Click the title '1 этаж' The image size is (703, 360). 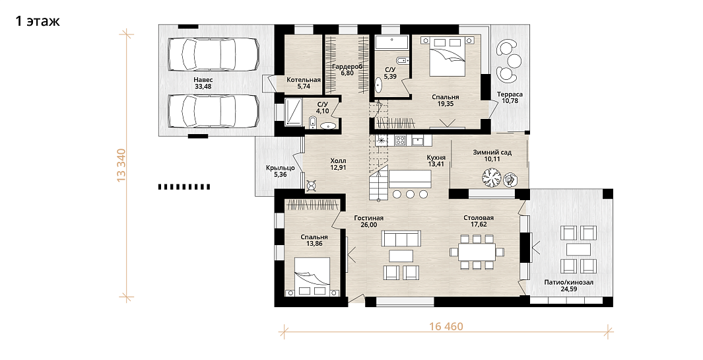pos(38,21)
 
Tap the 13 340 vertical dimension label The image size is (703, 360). pos(121,164)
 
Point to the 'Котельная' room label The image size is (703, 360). pos(304,80)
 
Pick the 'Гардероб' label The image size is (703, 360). pos(347,67)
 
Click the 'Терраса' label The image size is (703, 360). pos(510,94)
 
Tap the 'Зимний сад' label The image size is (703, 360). pos(492,152)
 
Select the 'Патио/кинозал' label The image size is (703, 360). pos(568,282)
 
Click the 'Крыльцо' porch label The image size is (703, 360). pos(281,168)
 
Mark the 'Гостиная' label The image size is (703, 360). pos(368,218)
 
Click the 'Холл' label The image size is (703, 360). pos(338,161)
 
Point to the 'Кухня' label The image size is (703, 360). pos(436,158)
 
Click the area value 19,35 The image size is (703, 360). pos(445,104)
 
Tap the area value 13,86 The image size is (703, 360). pos(314,244)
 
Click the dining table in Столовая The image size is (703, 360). pos(477,252)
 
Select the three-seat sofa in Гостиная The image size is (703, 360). pos(401,238)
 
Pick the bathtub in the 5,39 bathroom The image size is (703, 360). pos(391,43)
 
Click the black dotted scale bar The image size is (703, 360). pos(184,187)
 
